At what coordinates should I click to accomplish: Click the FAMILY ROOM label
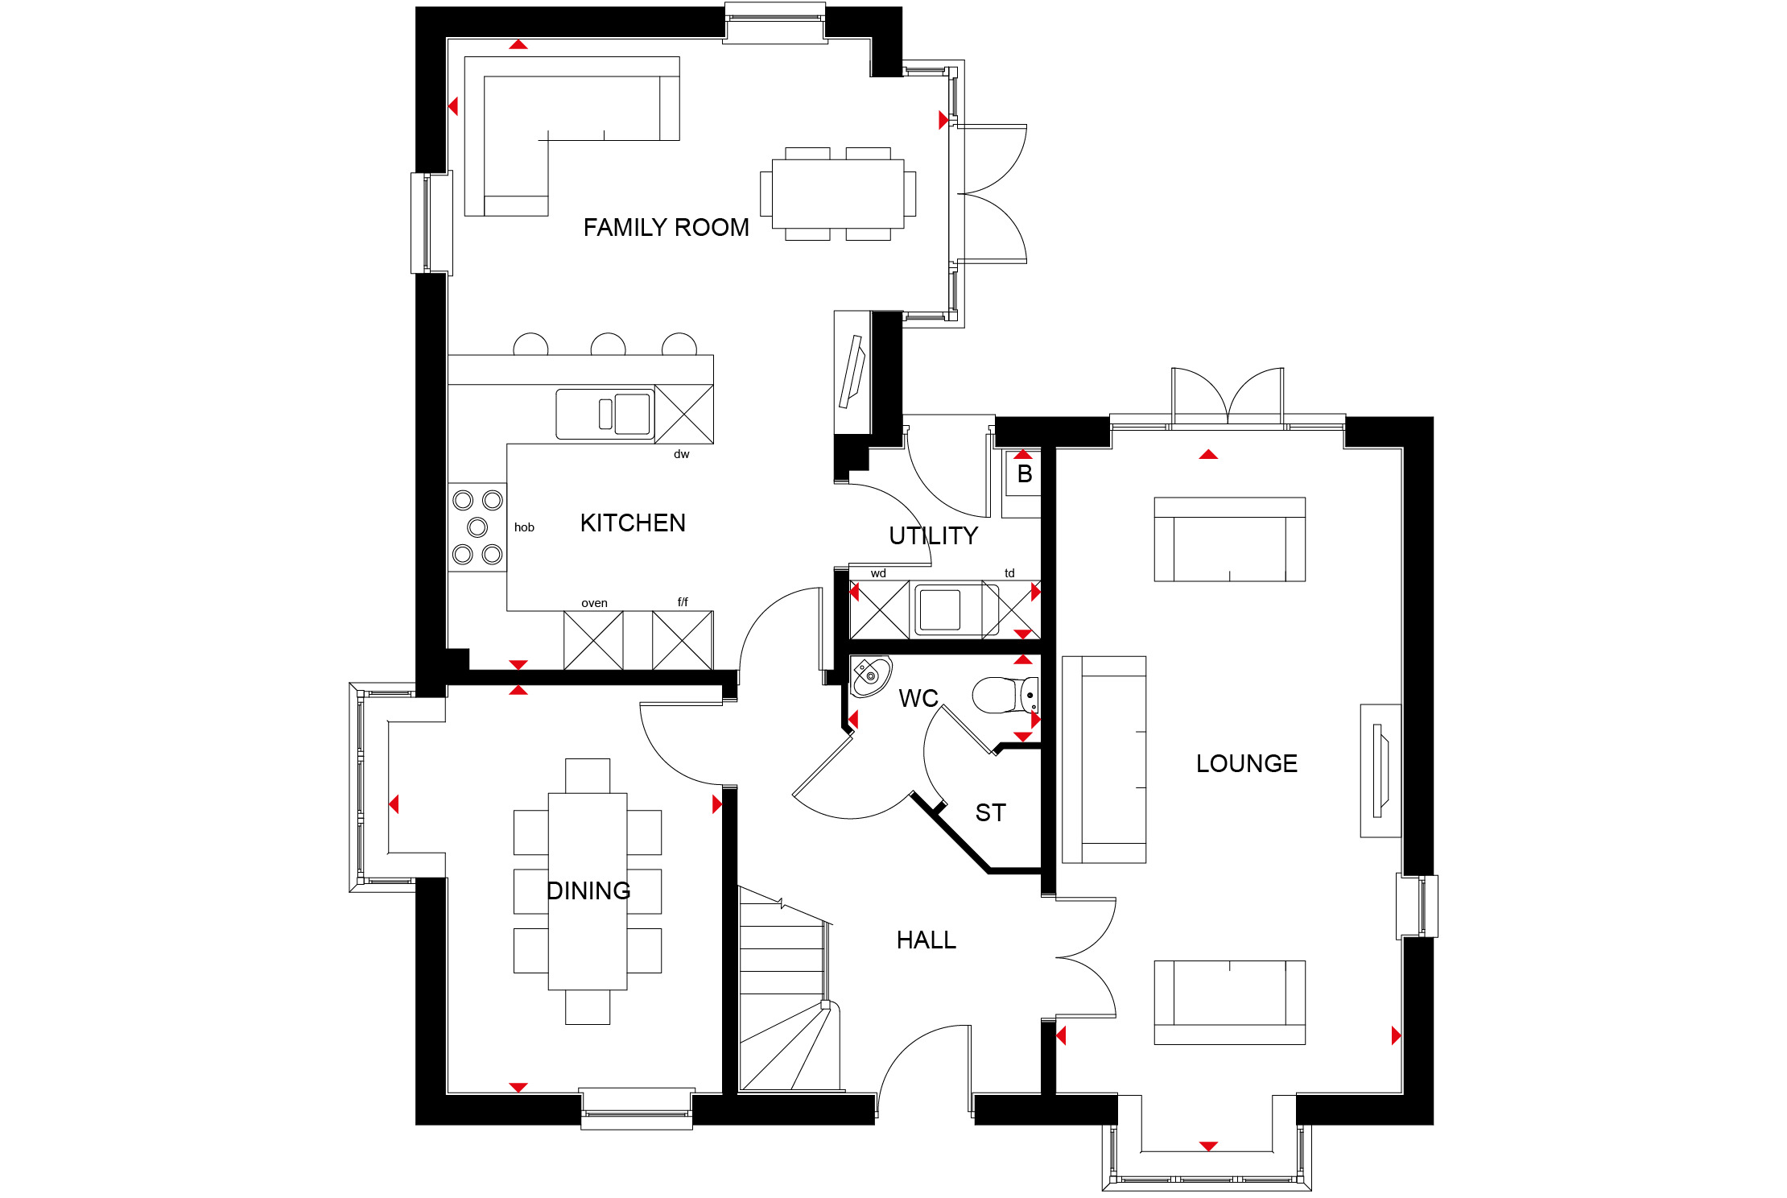(666, 228)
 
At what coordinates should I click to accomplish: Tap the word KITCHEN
(633, 523)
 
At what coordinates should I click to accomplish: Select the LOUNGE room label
(1246, 763)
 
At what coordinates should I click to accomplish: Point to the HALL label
(927, 940)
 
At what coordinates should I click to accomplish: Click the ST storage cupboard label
(990, 813)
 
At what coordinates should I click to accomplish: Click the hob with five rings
(477, 527)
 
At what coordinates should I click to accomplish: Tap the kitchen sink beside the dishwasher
(605, 414)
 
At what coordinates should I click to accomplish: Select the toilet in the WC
(1005, 696)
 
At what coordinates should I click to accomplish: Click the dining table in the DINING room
(588, 891)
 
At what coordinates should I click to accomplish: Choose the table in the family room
(838, 194)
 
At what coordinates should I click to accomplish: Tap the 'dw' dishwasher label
(682, 454)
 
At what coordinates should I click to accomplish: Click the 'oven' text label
(594, 603)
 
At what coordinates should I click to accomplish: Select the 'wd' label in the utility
(878, 573)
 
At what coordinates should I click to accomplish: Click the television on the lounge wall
(1380, 770)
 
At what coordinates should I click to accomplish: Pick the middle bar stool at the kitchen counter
(608, 345)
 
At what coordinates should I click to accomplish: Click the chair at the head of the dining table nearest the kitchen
(588, 776)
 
